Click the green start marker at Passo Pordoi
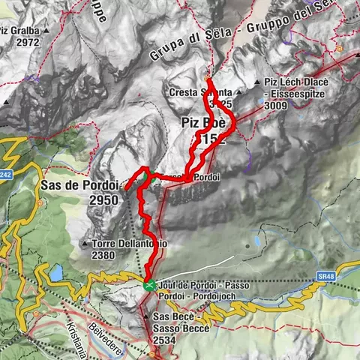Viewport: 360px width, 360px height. pyautogui.click(x=150, y=285)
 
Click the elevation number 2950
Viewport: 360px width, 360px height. pyautogui.click(x=103, y=200)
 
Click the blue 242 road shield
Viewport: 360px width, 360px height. pyautogui.click(x=6, y=175)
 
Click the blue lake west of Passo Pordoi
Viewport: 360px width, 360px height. pyautogui.click(x=56, y=273)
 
